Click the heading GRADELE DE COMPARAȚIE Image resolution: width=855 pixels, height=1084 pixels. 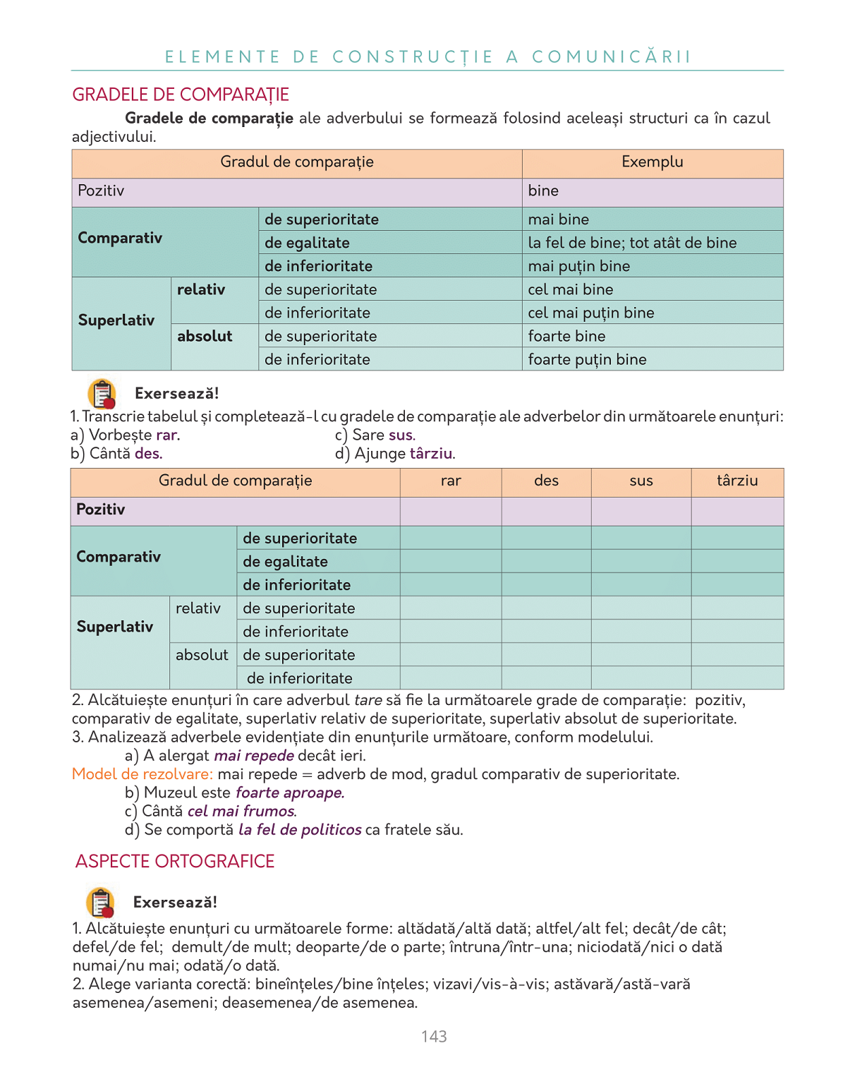[x=181, y=95]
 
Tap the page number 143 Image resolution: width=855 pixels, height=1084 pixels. [x=434, y=1036]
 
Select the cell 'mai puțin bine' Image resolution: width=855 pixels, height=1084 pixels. [x=578, y=266]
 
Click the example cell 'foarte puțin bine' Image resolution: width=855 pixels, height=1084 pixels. [x=587, y=359]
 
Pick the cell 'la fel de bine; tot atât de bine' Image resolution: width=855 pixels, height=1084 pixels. [x=632, y=243]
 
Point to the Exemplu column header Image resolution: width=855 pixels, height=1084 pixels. [x=652, y=162]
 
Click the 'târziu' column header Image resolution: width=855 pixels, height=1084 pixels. [x=737, y=481]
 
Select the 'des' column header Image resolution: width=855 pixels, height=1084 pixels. [x=546, y=481]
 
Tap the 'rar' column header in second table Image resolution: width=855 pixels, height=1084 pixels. [x=451, y=481]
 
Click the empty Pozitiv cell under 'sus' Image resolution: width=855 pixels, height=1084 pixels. [x=641, y=510]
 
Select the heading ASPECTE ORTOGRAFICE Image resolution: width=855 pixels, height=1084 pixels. [x=175, y=862]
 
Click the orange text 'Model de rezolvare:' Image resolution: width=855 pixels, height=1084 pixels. [x=142, y=774]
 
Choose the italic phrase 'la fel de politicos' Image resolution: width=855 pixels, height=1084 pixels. [x=300, y=830]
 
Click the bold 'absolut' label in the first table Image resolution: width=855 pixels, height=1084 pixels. [x=205, y=336]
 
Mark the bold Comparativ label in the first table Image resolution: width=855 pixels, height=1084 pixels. [x=120, y=238]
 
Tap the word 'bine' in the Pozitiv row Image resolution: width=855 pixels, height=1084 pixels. [x=543, y=191]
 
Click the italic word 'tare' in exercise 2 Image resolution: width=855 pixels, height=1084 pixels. [x=368, y=700]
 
